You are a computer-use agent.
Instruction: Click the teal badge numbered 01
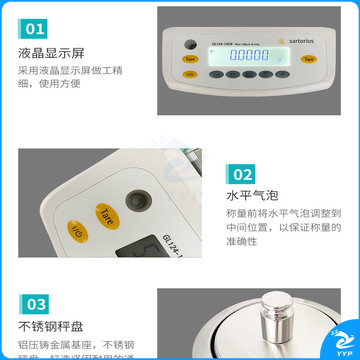35,29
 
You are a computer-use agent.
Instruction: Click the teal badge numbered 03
35,303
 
